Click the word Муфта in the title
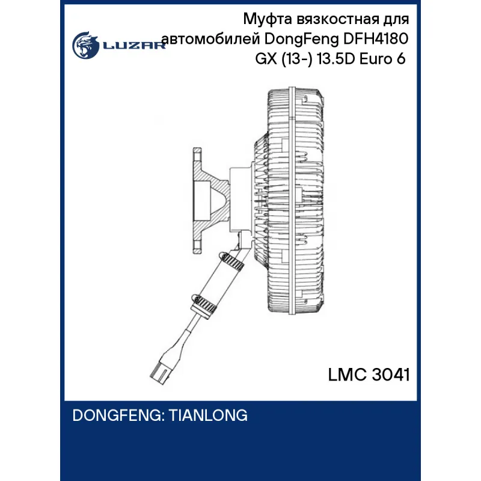(x=268, y=20)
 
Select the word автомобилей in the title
(x=211, y=39)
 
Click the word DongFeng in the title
(x=302, y=40)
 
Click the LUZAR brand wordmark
(x=134, y=46)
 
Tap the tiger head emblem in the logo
(x=85, y=44)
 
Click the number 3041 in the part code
(x=390, y=375)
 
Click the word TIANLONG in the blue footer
(x=208, y=415)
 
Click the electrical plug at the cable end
(x=161, y=370)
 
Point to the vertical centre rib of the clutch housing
(x=292, y=201)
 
